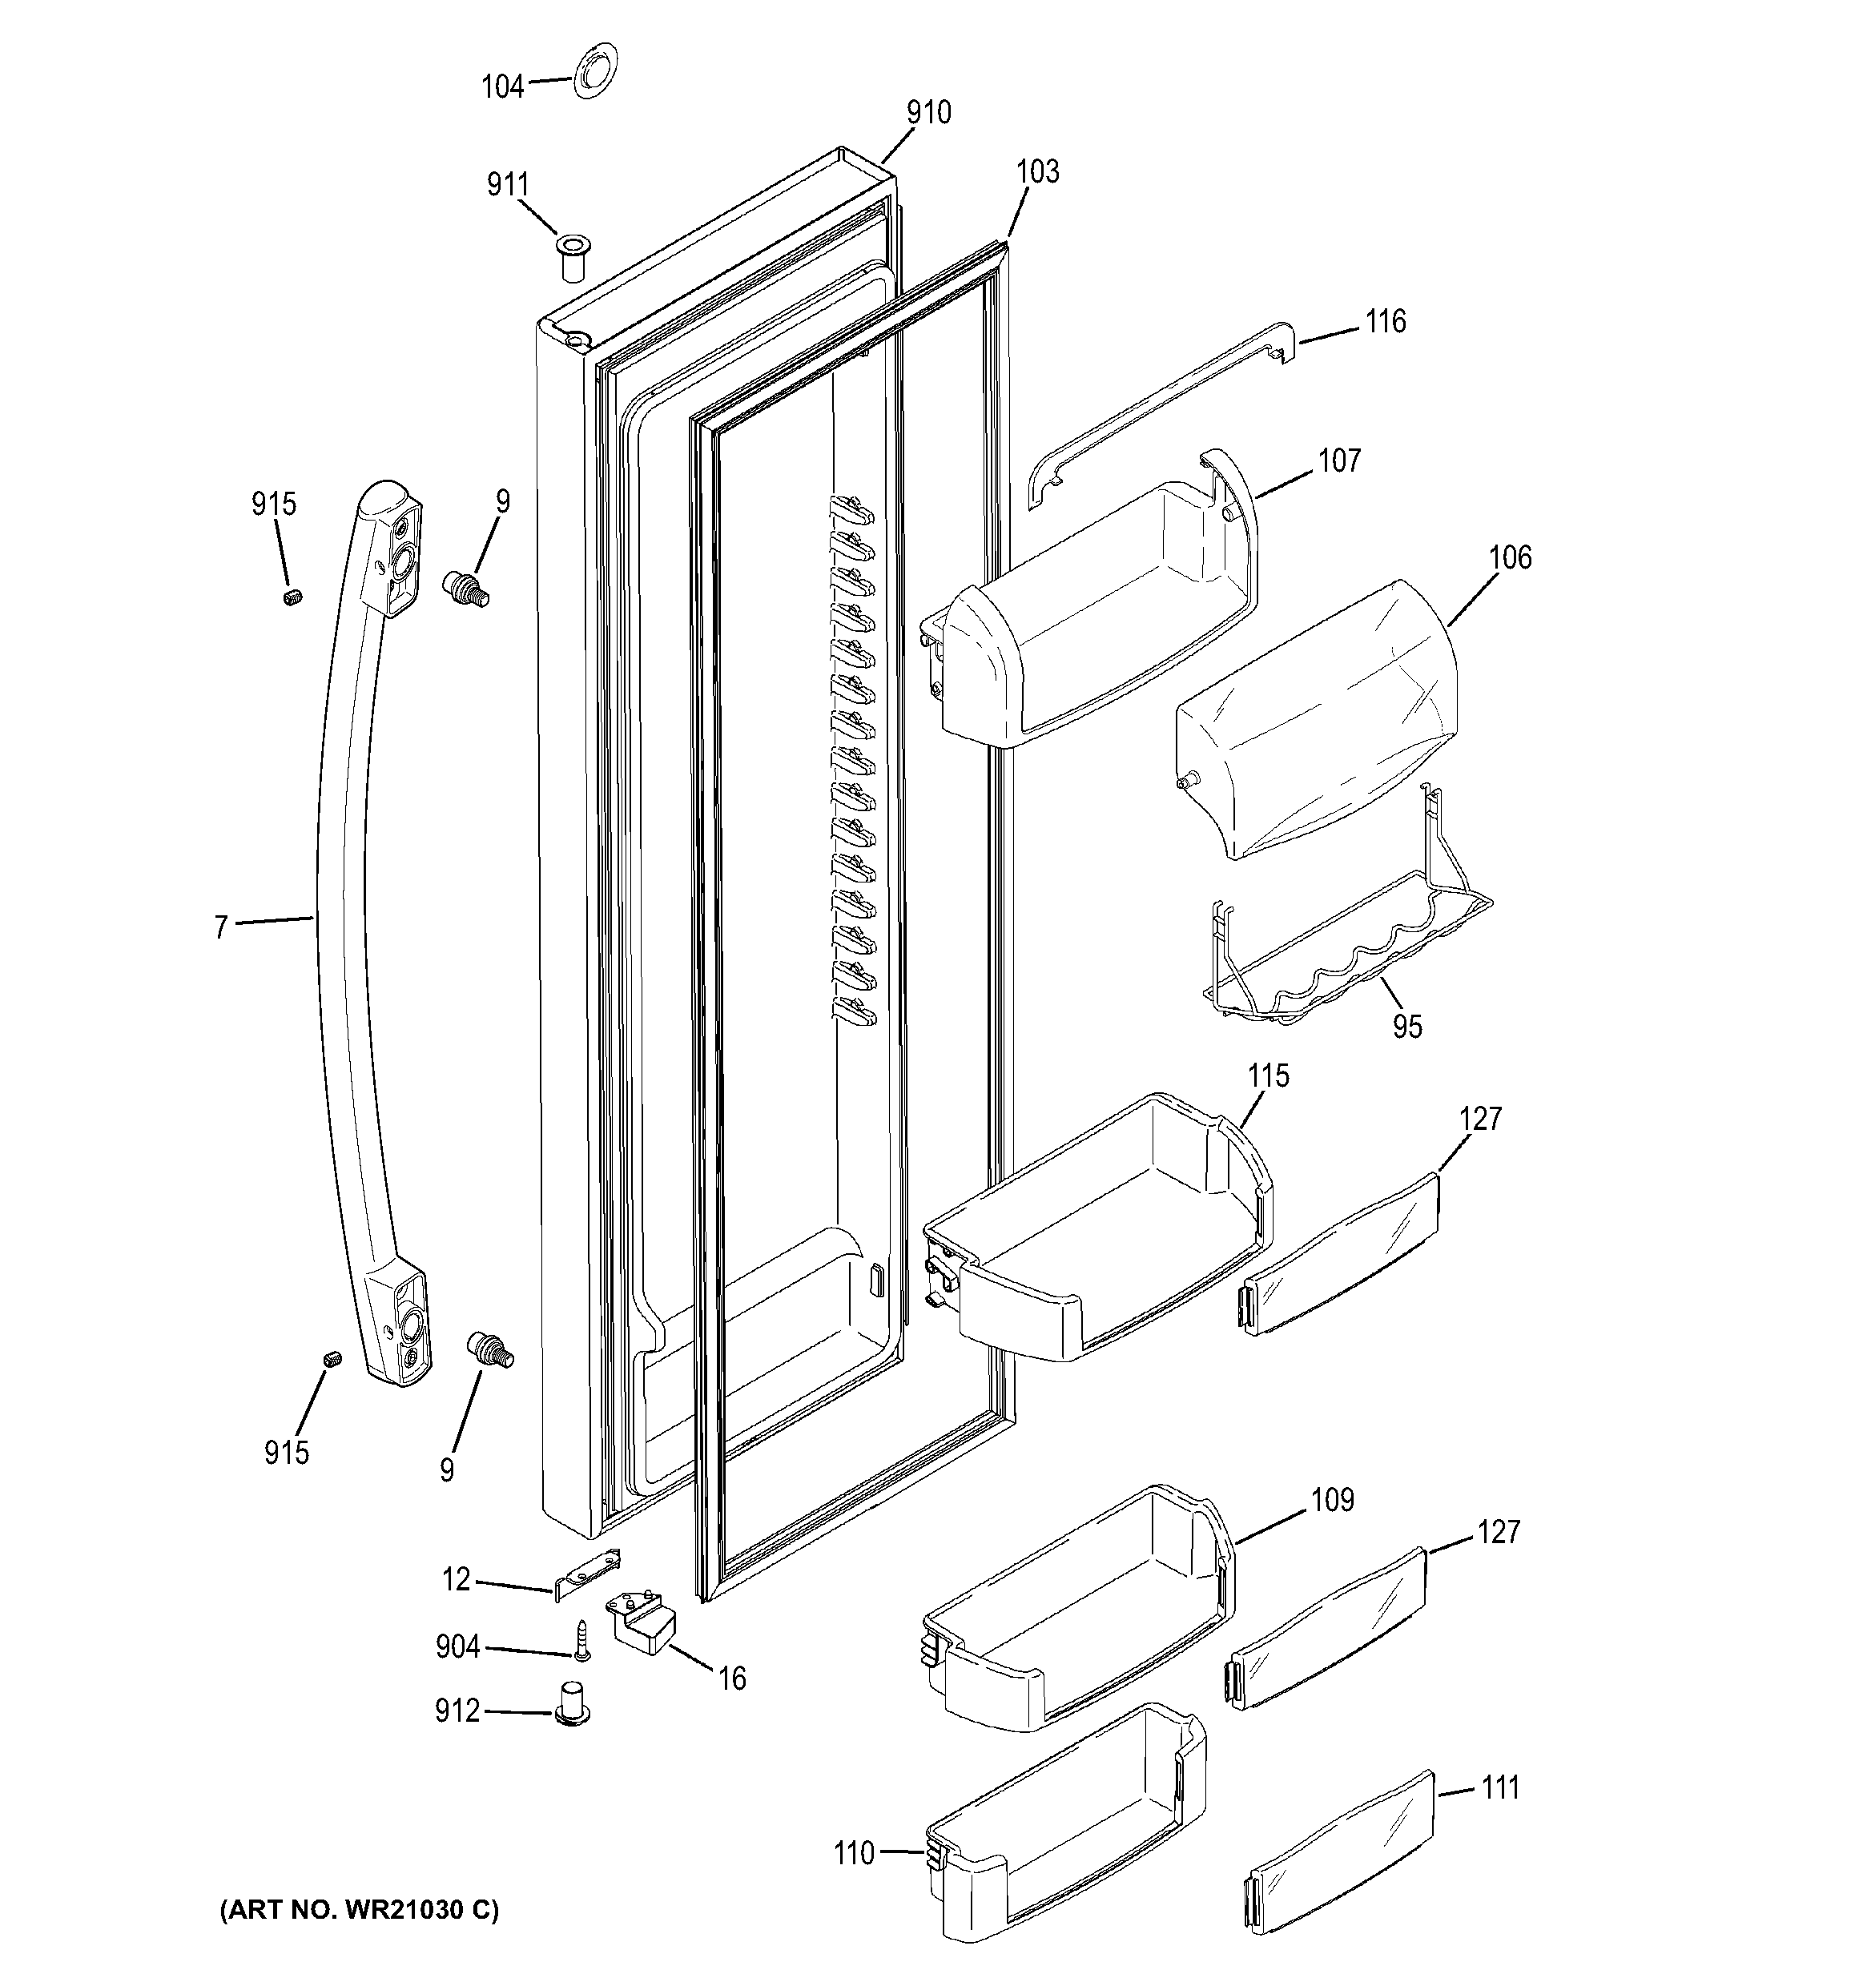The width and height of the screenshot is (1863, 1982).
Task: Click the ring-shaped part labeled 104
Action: (x=594, y=73)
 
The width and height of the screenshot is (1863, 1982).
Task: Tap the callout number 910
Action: (x=927, y=113)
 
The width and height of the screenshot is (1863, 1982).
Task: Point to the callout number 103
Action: (x=1037, y=171)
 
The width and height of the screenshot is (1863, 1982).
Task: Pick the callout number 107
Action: (x=1338, y=460)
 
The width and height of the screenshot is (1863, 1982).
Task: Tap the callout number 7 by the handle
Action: (x=220, y=927)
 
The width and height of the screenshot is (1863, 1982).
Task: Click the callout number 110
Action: (x=854, y=1853)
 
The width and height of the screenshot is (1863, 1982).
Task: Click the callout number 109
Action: (x=1333, y=1501)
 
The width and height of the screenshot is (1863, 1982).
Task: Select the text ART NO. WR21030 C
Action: (x=359, y=1910)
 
